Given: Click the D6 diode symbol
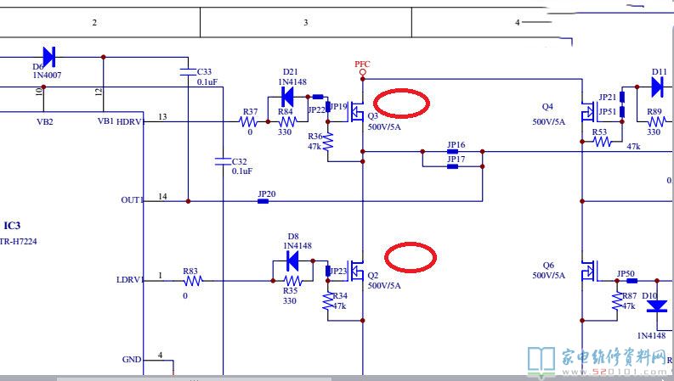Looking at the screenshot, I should click(48, 57).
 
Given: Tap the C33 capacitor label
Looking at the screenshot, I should click(205, 71).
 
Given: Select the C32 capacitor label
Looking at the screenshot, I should click(239, 161).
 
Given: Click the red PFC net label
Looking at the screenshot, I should click(362, 64).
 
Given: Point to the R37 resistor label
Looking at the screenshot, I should click(250, 112).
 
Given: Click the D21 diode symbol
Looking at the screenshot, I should click(287, 98).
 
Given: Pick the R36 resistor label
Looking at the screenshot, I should click(315, 136).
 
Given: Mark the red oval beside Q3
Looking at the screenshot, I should click(402, 103).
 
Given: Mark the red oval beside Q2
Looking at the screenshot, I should click(410, 256).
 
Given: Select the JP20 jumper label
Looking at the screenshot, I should click(267, 193).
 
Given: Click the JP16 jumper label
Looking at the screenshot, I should click(456, 145).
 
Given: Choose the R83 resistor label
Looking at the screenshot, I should click(190, 272).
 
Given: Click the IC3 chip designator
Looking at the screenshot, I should click(12, 226).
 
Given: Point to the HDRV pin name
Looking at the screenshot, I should click(130, 121).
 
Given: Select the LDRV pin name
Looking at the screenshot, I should click(130, 279).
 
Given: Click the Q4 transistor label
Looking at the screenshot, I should click(547, 107).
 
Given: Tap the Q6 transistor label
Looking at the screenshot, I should click(547, 265).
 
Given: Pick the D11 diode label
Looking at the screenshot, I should click(659, 72).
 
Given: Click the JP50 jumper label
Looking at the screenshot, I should click(626, 273).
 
